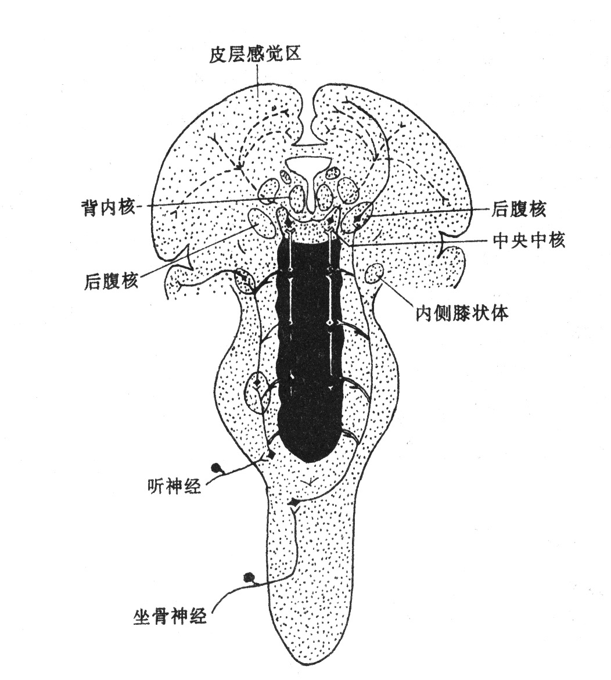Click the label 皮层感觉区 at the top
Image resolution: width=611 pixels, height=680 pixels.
[x=255, y=55]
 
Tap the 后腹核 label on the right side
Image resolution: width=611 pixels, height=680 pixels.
[x=517, y=210]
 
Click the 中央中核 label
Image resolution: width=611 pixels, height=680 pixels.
[x=529, y=240]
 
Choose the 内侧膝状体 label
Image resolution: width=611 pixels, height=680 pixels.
[x=462, y=312]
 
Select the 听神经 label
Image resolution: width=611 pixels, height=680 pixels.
[x=174, y=485]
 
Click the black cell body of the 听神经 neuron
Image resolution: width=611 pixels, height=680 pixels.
[x=215, y=467]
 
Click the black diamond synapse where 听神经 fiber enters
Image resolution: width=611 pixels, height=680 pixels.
[x=271, y=455]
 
